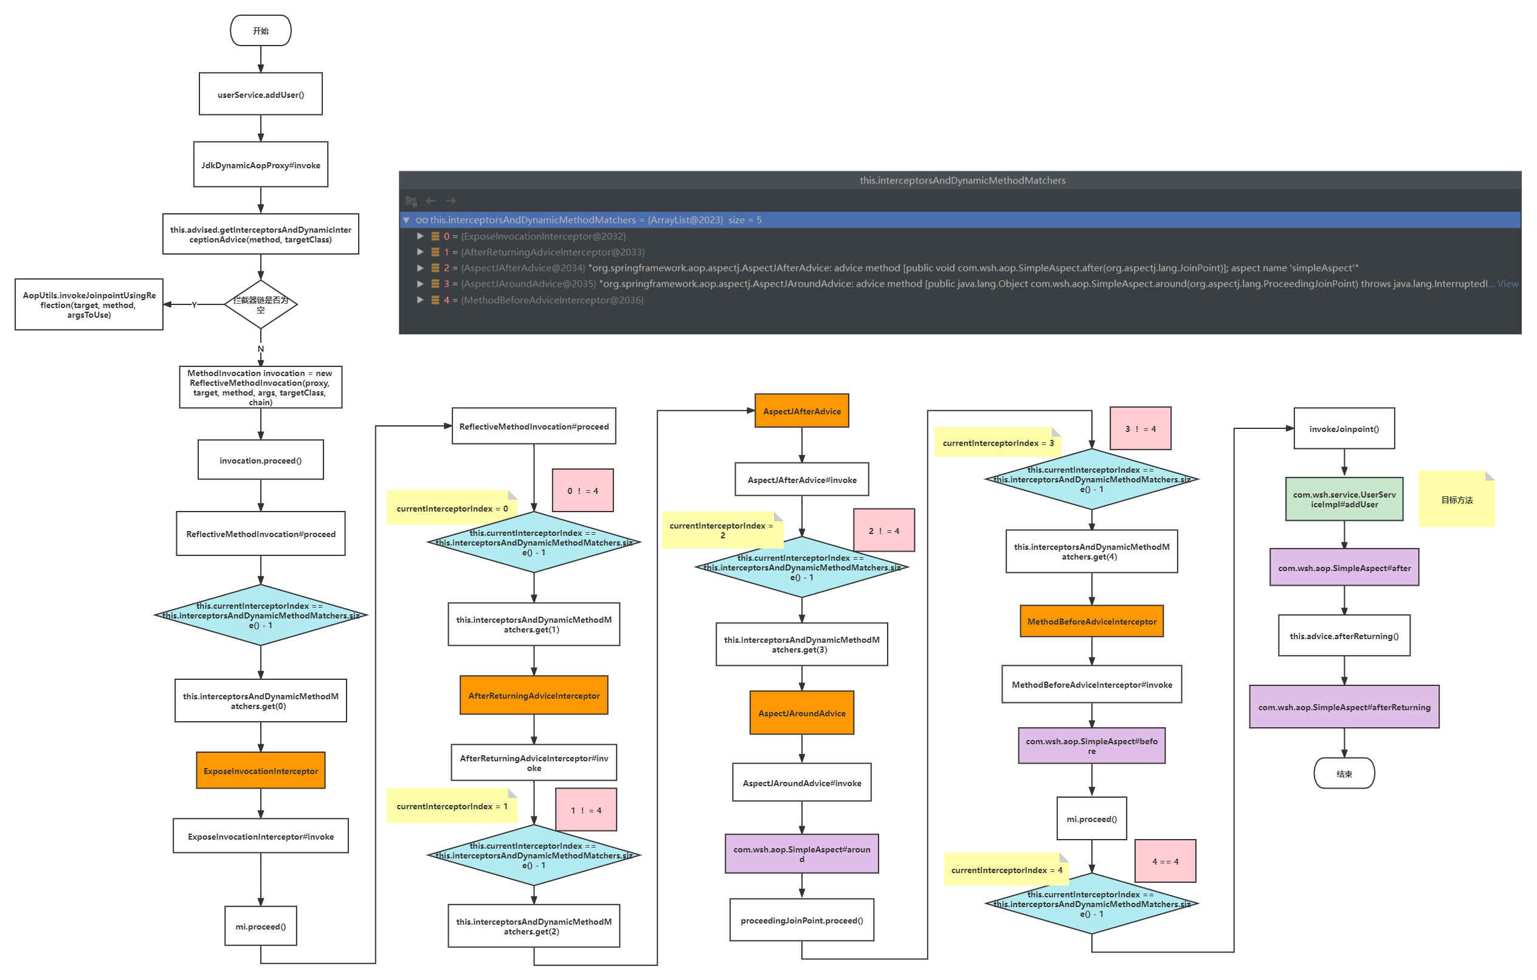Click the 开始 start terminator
260,30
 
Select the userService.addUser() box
260,94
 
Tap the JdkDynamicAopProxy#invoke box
260,165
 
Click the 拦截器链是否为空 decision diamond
260,304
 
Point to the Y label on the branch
194,304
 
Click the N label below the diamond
260,348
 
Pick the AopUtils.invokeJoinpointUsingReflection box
89,304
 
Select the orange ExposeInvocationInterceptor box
260,771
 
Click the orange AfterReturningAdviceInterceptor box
534,696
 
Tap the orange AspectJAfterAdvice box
802,411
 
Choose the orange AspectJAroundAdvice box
802,713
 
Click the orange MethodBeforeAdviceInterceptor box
1091,621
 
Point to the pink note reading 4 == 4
1165,862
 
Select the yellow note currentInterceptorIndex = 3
997,443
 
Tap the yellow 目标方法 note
1457,499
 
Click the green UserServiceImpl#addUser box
1344,499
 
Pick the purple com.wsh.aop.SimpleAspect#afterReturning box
1344,707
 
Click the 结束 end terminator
1344,773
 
